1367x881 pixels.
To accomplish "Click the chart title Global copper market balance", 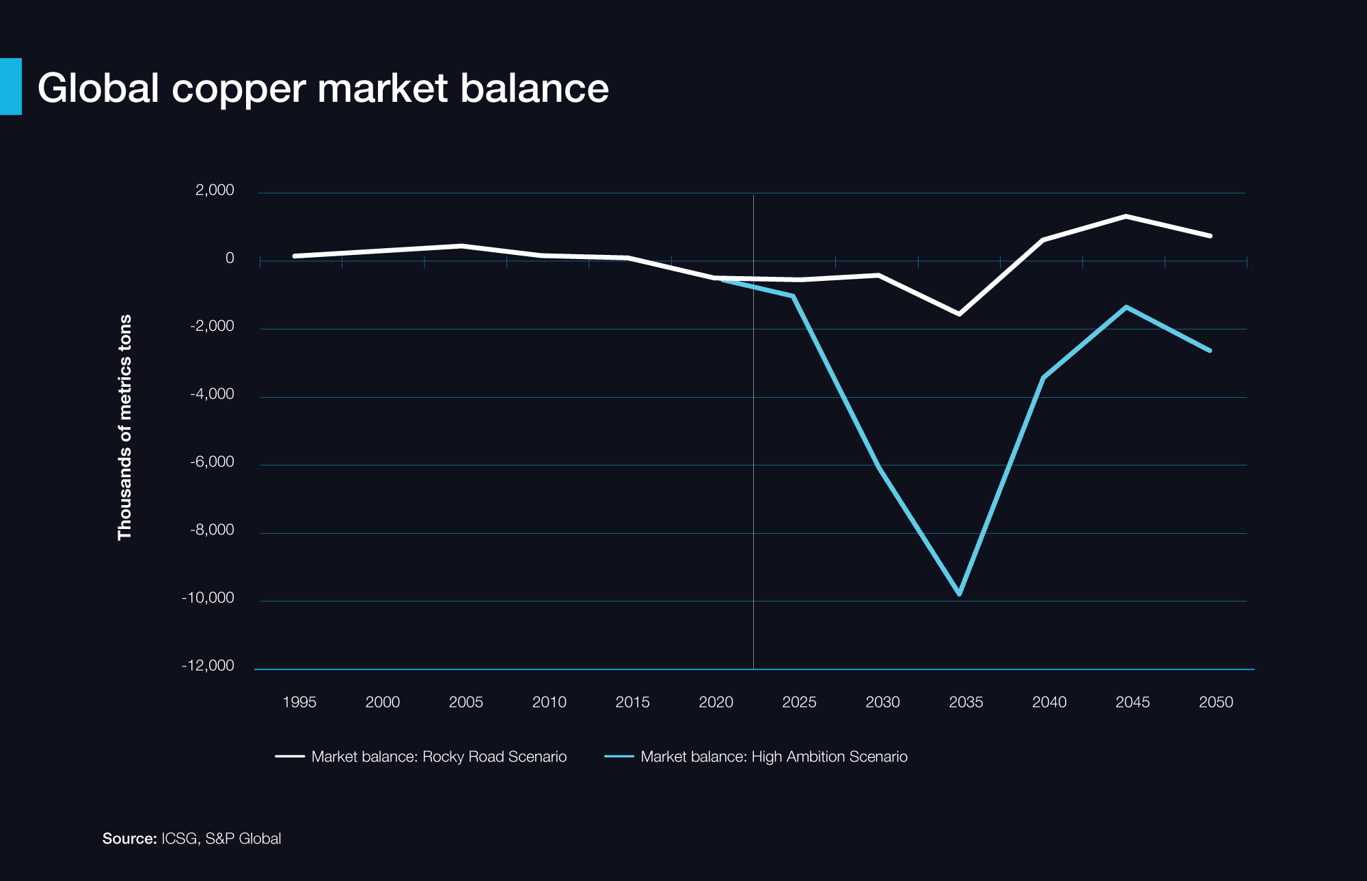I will pyautogui.click(x=323, y=88).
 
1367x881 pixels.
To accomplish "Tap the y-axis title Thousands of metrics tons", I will pyautogui.click(x=124, y=427).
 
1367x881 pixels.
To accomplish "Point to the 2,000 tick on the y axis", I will pyautogui.click(x=215, y=190).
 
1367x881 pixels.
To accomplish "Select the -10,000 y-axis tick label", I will pyautogui.click(x=208, y=598).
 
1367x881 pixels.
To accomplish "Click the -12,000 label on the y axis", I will pyautogui.click(x=208, y=666).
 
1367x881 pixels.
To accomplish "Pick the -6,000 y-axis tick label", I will pyautogui.click(x=212, y=462).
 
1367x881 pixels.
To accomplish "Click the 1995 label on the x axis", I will pyautogui.click(x=299, y=702).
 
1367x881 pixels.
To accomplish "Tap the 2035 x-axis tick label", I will pyautogui.click(x=966, y=702).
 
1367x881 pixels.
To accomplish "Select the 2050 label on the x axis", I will pyautogui.click(x=1216, y=702).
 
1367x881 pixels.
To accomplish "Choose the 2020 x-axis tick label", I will pyautogui.click(x=716, y=702).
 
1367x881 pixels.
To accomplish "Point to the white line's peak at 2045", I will pyautogui.click(x=1126, y=217).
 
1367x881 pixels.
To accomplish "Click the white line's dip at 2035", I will pyautogui.click(x=959, y=314).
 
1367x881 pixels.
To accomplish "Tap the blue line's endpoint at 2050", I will pyautogui.click(x=1210, y=351).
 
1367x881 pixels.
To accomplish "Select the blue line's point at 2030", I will pyautogui.click(x=878, y=467).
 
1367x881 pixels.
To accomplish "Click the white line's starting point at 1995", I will pyautogui.click(x=295, y=256).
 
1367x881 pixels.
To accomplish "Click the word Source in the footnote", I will pyautogui.click(x=129, y=839).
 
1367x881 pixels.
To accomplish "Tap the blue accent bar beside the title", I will pyautogui.click(x=11, y=86).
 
